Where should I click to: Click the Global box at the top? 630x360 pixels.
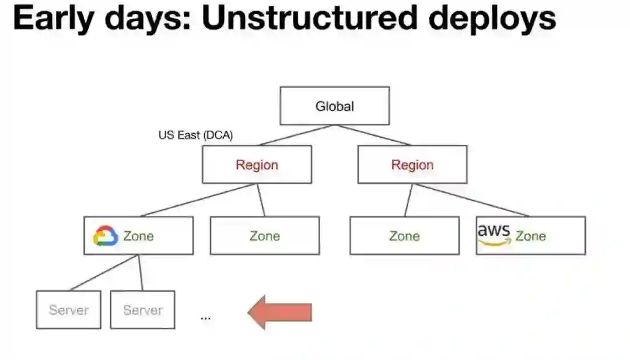click(334, 106)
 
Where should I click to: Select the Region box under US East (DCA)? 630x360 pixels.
click(257, 165)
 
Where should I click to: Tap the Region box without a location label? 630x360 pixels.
click(412, 165)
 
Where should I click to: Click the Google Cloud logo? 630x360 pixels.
click(106, 236)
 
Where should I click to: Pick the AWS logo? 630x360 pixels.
click(494, 233)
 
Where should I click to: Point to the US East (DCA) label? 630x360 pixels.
click(195, 135)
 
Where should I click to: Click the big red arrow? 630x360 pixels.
click(281, 312)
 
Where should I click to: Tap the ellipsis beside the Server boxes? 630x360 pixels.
click(205, 318)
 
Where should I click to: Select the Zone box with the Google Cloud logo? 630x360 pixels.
click(138, 236)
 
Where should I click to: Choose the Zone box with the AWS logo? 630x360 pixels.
click(530, 236)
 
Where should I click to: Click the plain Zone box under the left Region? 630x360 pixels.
click(264, 236)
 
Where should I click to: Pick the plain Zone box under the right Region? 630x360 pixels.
click(404, 236)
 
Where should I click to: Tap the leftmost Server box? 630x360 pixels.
click(68, 310)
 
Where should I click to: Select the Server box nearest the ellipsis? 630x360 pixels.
click(142, 310)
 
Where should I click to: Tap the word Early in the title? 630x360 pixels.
click(52, 20)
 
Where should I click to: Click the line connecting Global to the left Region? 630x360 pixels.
click(297, 135)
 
